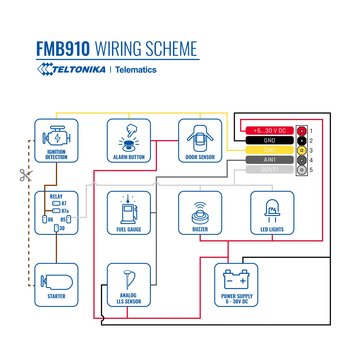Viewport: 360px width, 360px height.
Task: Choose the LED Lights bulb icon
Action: click(x=271, y=210)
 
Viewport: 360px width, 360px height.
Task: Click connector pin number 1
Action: click(x=310, y=131)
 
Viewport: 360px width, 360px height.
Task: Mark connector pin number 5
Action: click(x=310, y=169)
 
